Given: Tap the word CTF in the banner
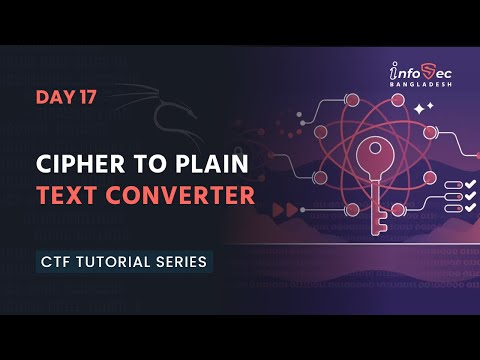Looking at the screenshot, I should [x=55, y=262].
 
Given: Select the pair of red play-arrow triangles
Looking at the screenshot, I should [x=291, y=208].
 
